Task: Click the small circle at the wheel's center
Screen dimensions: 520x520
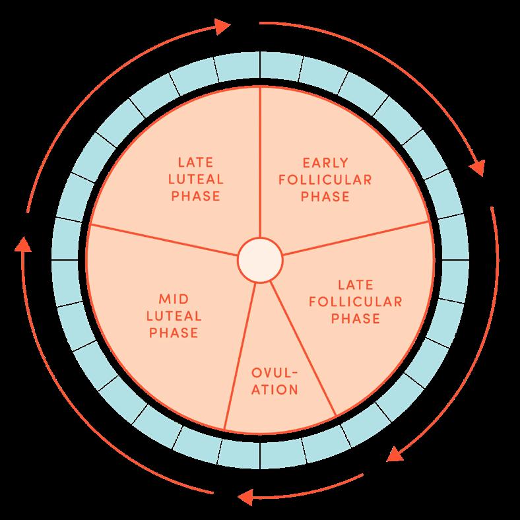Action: point(260,260)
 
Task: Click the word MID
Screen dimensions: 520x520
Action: point(173,299)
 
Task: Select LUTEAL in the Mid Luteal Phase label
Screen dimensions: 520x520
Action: point(174,316)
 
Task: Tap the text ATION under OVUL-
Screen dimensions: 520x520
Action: point(275,389)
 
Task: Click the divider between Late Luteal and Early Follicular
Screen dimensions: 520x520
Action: point(260,162)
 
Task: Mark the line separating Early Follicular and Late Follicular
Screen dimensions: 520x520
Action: point(356,237)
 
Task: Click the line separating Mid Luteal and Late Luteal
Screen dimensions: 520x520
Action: point(162,239)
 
